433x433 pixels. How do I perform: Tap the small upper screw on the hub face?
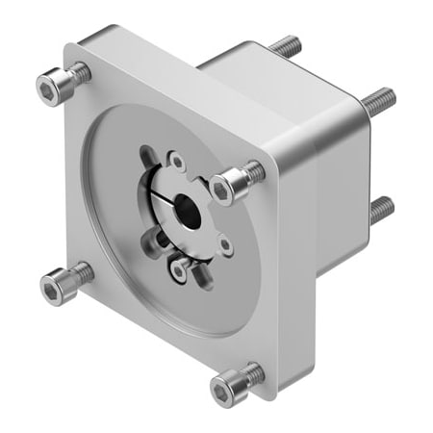(x=177, y=162)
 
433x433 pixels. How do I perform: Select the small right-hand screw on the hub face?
(x=226, y=246)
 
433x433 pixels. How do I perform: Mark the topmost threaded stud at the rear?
(x=284, y=44)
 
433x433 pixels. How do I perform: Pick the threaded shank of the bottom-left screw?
(x=82, y=273)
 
